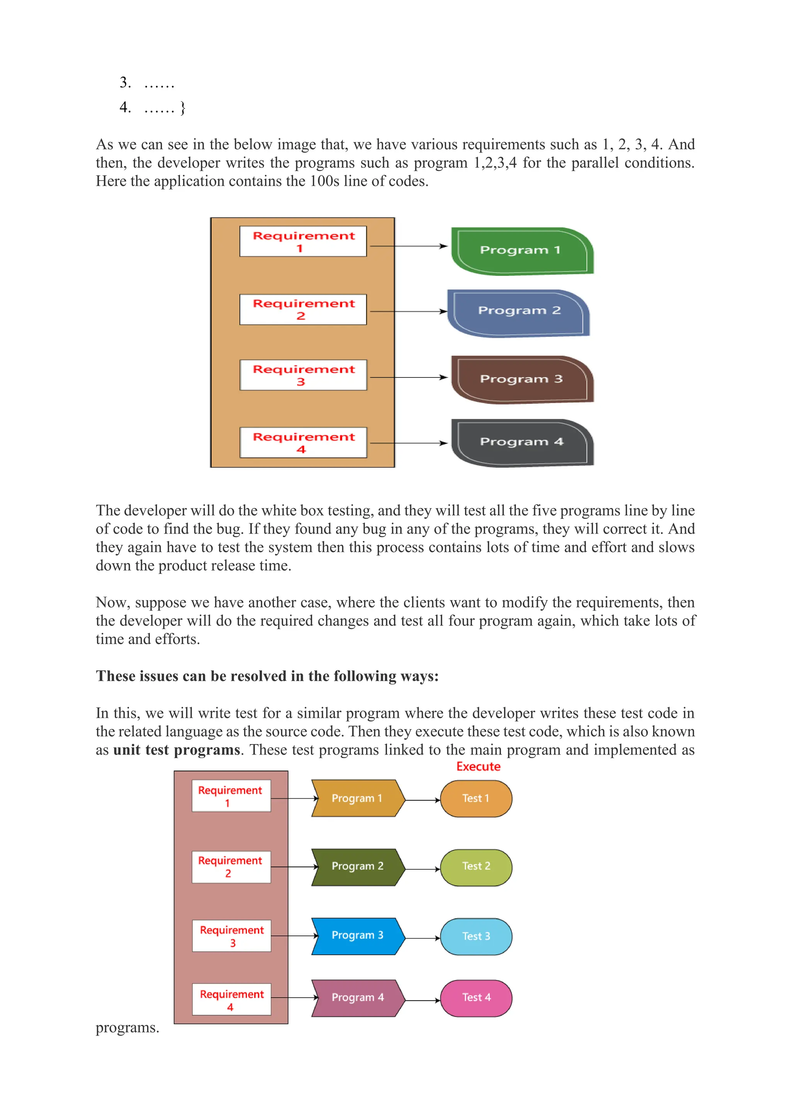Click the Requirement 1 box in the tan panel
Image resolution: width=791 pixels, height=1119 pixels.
point(303,241)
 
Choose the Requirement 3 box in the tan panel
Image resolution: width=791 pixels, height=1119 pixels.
point(303,375)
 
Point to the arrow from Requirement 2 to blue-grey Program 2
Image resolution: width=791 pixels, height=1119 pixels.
point(408,311)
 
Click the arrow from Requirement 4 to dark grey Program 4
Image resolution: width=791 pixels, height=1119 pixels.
point(408,443)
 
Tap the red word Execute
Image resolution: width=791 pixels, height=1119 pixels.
point(478,767)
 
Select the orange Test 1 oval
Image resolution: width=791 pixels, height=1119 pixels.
point(476,799)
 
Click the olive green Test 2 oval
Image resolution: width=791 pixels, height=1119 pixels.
point(476,867)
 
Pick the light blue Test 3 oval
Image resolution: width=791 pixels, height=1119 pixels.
point(476,936)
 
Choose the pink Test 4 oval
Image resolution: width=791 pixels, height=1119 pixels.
point(476,998)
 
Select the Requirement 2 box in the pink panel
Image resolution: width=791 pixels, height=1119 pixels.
point(231,867)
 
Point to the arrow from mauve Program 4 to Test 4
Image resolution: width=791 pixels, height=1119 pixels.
point(422,1000)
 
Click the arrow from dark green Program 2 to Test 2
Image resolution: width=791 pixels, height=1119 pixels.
point(422,869)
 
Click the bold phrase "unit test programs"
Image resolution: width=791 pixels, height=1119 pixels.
point(177,750)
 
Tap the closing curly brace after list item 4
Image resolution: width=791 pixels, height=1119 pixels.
point(183,108)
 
